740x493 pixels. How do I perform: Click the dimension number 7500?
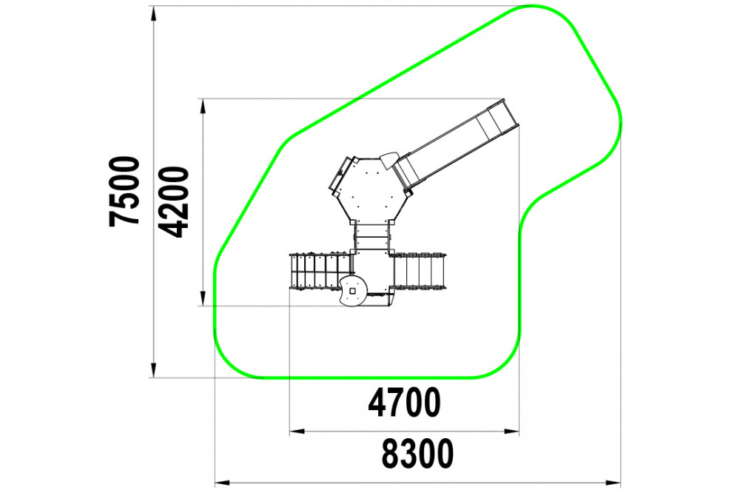pyautogui.click(x=125, y=192)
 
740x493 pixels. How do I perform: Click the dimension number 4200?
pyautogui.click(x=173, y=202)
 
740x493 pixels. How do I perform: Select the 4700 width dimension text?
pyautogui.click(x=404, y=403)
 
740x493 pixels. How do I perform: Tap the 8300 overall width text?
pyautogui.click(x=417, y=453)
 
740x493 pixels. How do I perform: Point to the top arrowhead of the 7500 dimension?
pyautogui.click(x=153, y=13)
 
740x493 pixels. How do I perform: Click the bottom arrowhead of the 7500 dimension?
pyautogui.click(x=153, y=370)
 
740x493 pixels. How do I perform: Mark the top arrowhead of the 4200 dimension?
pyautogui.click(x=203, y=106)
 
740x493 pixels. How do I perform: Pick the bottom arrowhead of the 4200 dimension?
pyautogui.click(x=203, y=298)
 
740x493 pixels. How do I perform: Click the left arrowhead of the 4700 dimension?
pyautogui.click(x=297, y=431)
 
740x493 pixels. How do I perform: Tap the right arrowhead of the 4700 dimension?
pyautogui.click(x=511, y=431)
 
